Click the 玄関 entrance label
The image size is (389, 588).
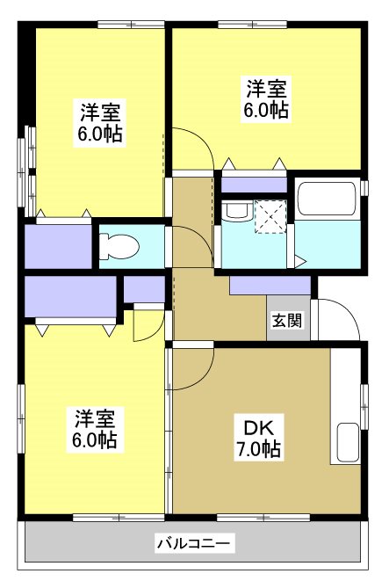coord(287,320)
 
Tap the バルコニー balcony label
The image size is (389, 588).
coord(194,544)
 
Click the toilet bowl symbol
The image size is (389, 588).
coord(119,246)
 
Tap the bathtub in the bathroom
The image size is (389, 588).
coord(326,199)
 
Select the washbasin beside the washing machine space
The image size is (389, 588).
coord(234,212)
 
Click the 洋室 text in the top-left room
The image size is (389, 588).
coord(99,112)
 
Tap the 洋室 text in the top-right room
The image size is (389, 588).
coord(266,89)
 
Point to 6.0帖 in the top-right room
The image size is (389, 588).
coord(266,111)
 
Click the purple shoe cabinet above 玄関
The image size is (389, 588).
coord(270,286)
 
